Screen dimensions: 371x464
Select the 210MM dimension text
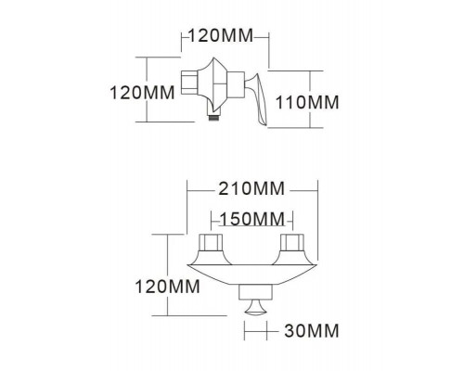pyautogui.click(x=253, y=189)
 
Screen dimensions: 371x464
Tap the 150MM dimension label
pyautogui.click(x=252, y=219)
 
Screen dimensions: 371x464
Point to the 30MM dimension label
pyautogui.click(x=308, y=330)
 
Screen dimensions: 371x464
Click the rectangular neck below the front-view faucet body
pyautogui.click(x=252, y=289)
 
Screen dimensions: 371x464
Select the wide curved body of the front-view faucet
pyautogui.click(x=252, y=270)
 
